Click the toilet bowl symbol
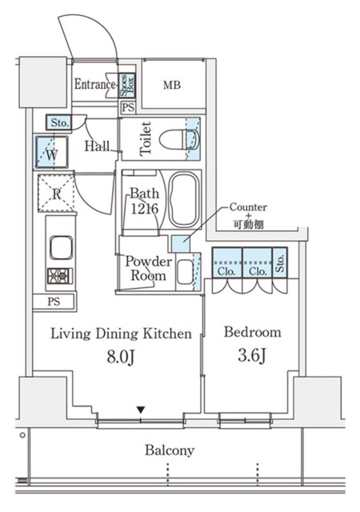[179, 140]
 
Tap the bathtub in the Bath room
[185, 199]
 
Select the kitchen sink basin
[61, 247]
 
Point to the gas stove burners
[59, 276]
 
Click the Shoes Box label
[126, 86]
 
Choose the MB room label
[172, 86]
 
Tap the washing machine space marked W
[52, 153]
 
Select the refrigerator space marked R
[56, 194]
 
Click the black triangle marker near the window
[141, 409]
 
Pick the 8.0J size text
[121, 358]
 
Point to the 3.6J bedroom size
[253, 355]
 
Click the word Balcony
[170, 450]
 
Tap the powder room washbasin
[186, 272]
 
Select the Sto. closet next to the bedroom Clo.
[280, 262]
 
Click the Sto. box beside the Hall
[59, 123]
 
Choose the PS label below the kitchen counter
[54, 301]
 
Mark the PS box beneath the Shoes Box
[128, 108]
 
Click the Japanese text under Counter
[248, 225]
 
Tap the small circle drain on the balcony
[22, 435]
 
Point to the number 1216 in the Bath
[144, 209]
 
